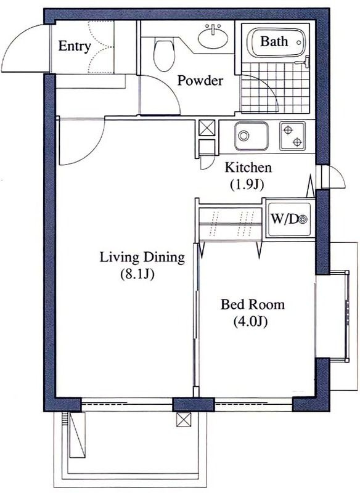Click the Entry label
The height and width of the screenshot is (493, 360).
(75, 46)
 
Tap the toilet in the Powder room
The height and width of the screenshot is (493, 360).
(163, 54)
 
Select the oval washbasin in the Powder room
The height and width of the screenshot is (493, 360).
(213, 37)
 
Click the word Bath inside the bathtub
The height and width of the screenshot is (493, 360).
(274, 41)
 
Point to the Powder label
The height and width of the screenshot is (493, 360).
(200, 81)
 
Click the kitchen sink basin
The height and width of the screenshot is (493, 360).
(252, 136)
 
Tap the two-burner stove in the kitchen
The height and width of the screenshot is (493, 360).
(292, 136)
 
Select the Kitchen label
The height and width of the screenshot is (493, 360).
(248, 168)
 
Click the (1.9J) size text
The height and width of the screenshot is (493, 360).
(247, 185)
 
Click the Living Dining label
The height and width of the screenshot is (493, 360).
(142, 258)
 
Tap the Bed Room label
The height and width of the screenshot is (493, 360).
(253, 304)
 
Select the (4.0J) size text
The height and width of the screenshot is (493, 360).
(250, 321)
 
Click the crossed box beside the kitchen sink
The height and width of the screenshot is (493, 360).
(207, 128)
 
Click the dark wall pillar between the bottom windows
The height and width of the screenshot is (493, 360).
(194, 405)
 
